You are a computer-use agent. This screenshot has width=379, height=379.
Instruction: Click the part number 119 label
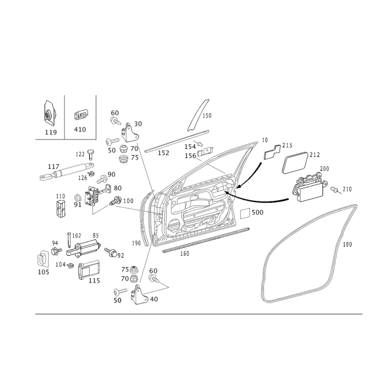(51, 132)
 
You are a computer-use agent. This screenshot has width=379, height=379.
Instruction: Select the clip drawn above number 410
(81, 115)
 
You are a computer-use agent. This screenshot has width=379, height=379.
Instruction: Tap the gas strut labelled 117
(67, 171)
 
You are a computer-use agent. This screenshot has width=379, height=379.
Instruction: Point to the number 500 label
(257, 212)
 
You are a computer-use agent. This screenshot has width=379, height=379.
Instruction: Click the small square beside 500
(244, 214)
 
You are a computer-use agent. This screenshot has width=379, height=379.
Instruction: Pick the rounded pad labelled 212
(295, 162)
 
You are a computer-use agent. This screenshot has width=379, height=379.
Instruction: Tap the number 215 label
(288, 145)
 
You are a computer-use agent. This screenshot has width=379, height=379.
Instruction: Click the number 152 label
(163, 153)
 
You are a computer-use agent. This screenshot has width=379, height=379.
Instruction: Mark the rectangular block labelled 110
(61, 208)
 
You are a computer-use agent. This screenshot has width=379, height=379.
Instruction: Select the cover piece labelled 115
(88, 270)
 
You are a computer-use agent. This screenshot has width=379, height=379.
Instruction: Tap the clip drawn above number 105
(43, 259)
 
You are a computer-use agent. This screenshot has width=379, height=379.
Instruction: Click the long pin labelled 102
(69, 240)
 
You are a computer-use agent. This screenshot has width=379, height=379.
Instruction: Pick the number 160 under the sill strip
(185, 253)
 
